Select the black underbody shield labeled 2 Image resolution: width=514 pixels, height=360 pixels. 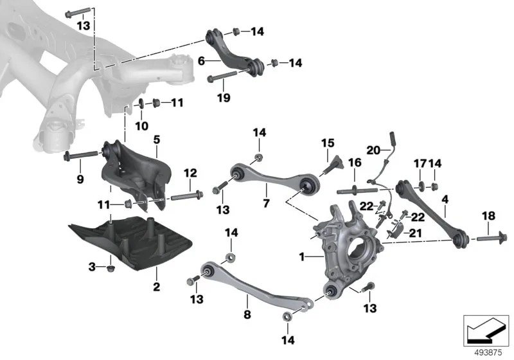click(x=131, y=242)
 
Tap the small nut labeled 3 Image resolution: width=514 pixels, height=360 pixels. click(x=111, y=269)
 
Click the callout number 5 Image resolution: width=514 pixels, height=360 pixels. click(x=157, y=139)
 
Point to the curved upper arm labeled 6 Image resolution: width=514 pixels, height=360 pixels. click(x=235, y=53)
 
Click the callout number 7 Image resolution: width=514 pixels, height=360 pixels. click(x=266, y=203)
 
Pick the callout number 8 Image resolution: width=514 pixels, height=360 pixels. click(x=247, y=314)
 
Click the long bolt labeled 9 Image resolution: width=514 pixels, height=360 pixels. click(x=82, y=155)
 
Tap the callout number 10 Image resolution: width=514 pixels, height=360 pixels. click(x=141, y=125)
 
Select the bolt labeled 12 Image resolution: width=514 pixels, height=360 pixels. click(x=186, y=195)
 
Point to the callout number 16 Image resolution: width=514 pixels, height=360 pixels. click(x=355, y=162)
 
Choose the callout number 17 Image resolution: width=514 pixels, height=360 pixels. click(x=420, y=163)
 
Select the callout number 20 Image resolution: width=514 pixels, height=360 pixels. click(x=373, y=150)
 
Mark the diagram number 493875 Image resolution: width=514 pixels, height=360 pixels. click(x=488, y=353)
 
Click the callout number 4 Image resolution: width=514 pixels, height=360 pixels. click(x=445, y=199)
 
